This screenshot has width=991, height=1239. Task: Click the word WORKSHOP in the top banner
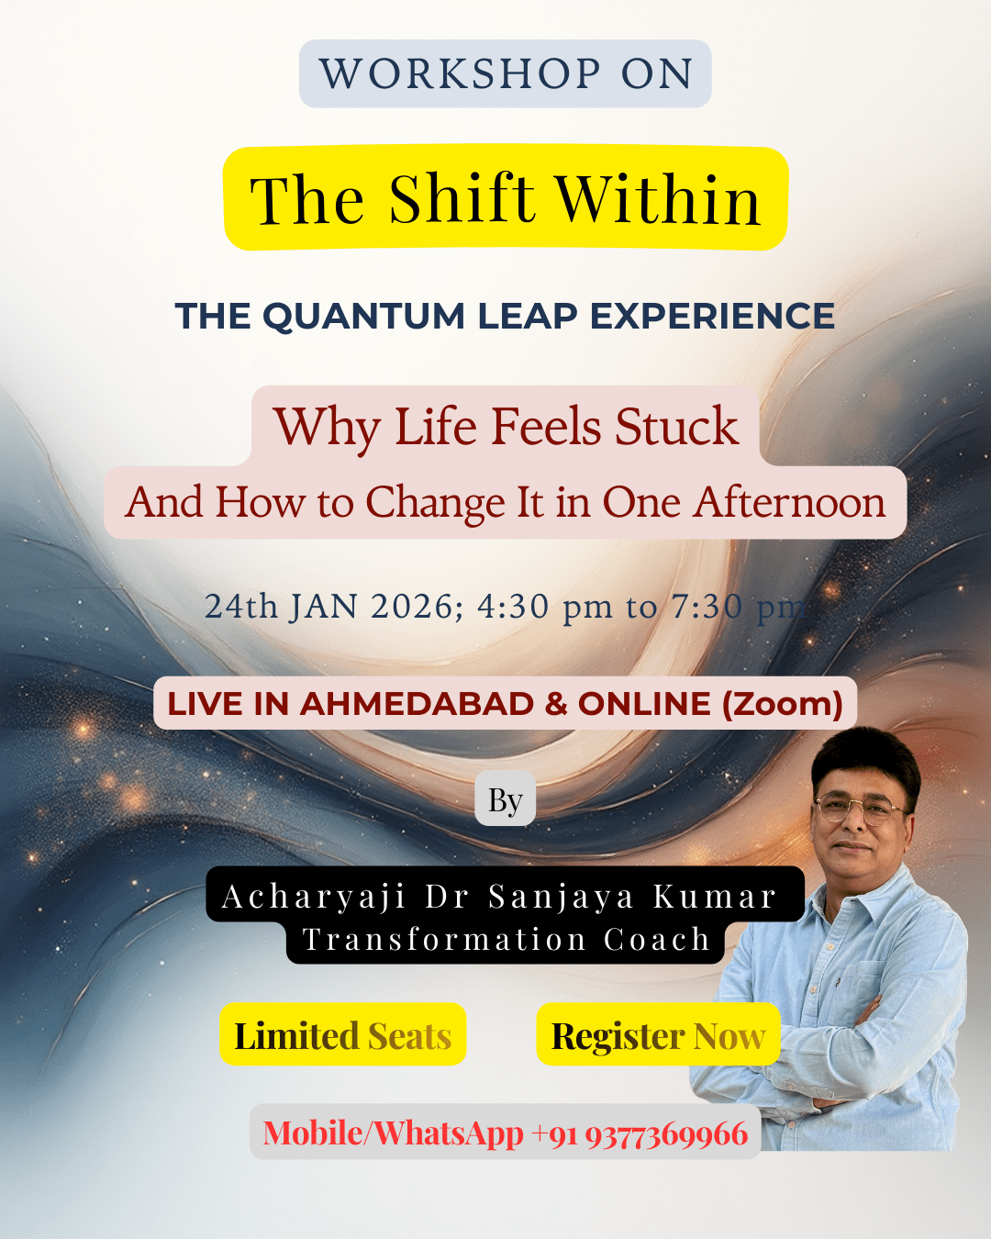(x=460, y=73)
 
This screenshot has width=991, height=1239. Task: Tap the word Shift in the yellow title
(x=462, y=198)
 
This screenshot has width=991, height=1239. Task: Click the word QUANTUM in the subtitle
(x=364, y=316)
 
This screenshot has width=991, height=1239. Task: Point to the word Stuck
(x=677, y=427)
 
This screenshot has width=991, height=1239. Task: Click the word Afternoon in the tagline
(x=789, y=502)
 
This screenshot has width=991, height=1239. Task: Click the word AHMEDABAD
(x=417, y=704)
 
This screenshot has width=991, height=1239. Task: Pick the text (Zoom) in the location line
(x=783, y=704)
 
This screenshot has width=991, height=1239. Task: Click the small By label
(x=505, y=800)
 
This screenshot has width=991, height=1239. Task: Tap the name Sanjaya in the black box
(x=562, y=898)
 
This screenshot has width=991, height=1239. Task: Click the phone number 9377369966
(x=667, y=1133)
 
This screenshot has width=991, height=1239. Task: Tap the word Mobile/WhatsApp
(x=394, y=1133)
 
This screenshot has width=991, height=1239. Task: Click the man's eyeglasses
(x=860, y=808)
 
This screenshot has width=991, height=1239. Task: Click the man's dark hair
(x=866, y=760)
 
